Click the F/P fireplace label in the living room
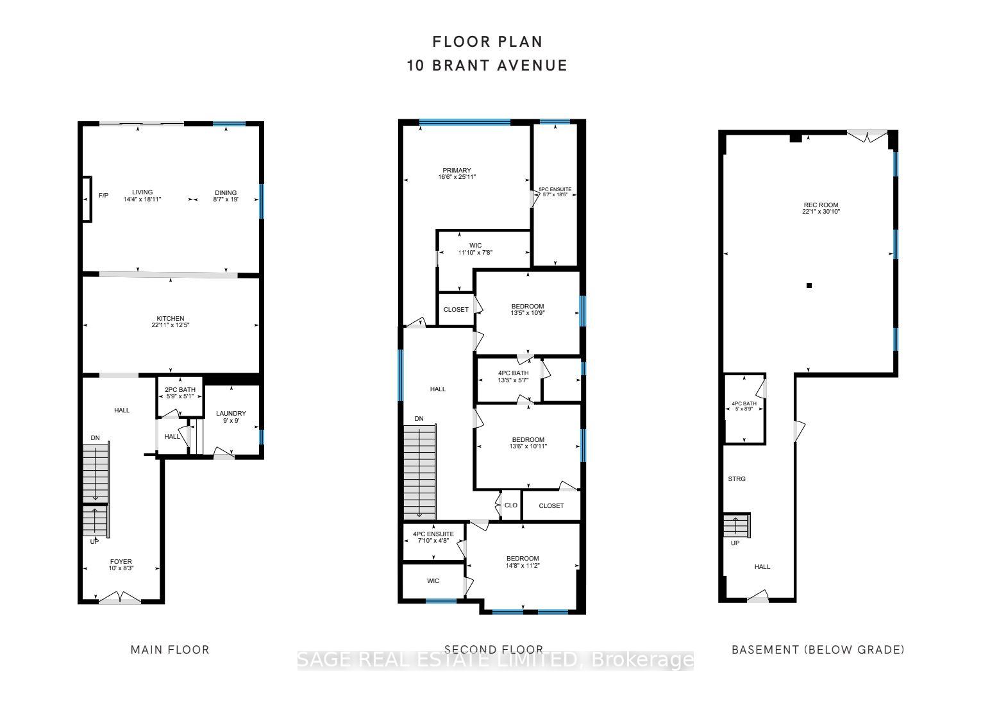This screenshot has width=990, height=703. pos(103,195)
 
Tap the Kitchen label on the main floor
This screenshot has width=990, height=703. pos(171,319)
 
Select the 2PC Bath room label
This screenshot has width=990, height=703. pos(180,389)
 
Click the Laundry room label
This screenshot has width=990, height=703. pos(231,414)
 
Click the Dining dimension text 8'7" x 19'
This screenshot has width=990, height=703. pos(226,199)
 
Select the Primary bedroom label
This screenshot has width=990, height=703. pos(457,171)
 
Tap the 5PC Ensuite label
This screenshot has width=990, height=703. pos(555,190)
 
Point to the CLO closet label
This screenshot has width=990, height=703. pos(511,505)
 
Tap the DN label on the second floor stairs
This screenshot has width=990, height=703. pos(419,419)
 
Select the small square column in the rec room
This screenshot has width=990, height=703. pos(809,285)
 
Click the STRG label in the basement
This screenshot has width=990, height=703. pos(737,479)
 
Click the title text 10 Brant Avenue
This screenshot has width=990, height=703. pos(487,65)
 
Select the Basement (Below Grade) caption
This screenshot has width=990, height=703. pos(818,650)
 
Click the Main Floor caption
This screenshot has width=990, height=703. pos(170,650)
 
